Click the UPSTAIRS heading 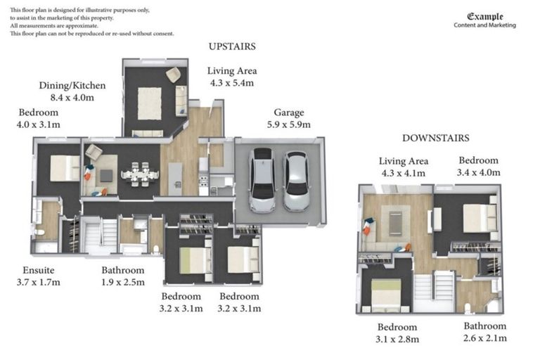[x=232, y=46]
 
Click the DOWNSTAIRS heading [x=436, y=138]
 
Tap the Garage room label [x=289, y=112]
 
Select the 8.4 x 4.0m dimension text [x=72, y=98]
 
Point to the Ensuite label [x=39, y=270]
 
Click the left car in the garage [x=262, y=180]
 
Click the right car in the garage [x=296, y=181]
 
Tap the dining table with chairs [x=140, y=174]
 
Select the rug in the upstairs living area [x=150, y=103]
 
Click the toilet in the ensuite [x=39, y=232]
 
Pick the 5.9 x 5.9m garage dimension [x=288, y=124]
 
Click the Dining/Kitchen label [x=72, y=86]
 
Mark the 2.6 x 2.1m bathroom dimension [x=485, y=338]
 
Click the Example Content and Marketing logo [x=485, y=20]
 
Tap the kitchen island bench [x=175, y=179]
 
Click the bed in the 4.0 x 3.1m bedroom [x=65, y=168]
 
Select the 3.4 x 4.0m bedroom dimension [x=479, y=172]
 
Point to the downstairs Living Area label [x=404, y=161]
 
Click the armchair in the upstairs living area [x=173, y=75]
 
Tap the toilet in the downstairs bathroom [x=468, y=308]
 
